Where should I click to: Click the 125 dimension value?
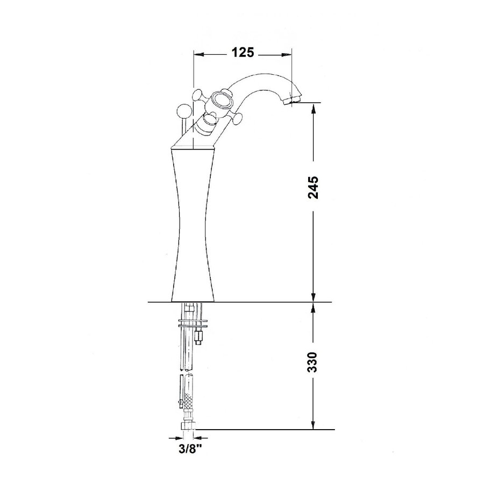coord(243,53)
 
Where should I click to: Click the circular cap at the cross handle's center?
coord(220,100)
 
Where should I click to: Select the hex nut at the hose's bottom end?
coord(188,425)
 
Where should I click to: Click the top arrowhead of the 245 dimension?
coord(314,107)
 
